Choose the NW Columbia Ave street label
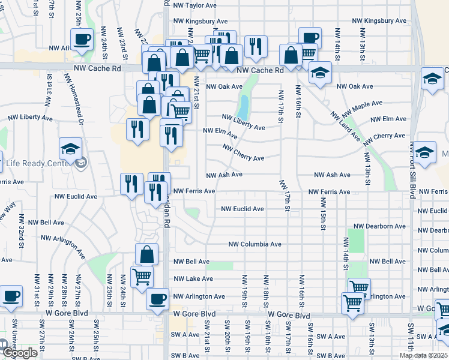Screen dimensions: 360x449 point(255,244)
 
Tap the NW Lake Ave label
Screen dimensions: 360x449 point(193,279)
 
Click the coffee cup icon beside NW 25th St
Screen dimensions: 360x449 point(82,40)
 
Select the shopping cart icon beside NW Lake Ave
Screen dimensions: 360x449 point(142,277)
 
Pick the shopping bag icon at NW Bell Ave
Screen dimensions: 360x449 point(147,254)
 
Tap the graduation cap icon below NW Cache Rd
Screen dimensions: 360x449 point(321,73)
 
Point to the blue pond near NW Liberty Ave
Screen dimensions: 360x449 point(244,108)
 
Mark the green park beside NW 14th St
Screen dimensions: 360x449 point(355,241)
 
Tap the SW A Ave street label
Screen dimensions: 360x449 point(186,335)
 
